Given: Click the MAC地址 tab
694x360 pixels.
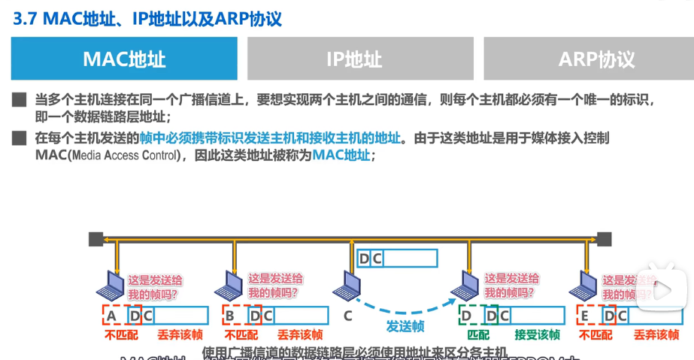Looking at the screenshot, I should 124,59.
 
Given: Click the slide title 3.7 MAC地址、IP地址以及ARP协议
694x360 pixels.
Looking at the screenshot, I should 148,18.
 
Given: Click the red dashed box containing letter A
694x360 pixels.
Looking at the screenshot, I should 111,316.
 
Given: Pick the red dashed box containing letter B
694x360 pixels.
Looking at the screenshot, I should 230,316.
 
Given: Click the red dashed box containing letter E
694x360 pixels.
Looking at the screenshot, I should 585,316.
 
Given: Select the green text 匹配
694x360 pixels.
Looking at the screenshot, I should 478,335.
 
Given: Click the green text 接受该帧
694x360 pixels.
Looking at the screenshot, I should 537,335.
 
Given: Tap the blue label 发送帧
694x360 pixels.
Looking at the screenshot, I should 405,327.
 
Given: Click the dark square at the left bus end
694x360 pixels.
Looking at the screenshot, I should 95,239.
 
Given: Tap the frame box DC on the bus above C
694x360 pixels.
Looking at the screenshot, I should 397,259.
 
